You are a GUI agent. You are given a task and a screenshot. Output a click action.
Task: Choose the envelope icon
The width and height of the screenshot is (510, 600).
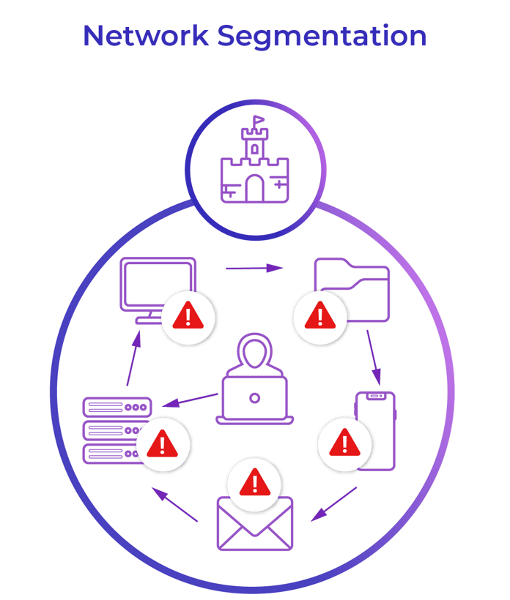254,524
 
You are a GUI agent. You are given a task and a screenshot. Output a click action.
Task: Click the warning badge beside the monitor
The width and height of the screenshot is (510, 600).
188,316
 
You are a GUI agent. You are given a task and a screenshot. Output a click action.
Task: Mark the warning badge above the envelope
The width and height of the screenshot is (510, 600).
254,482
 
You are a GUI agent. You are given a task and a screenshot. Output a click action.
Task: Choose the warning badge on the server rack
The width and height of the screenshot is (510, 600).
162,442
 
